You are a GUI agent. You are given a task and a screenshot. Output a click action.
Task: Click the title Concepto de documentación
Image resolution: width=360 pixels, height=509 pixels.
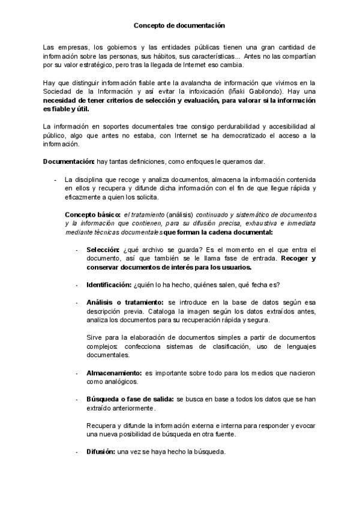pos(179,26)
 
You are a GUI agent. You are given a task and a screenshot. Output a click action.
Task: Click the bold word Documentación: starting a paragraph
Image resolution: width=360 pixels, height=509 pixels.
pos(69,162)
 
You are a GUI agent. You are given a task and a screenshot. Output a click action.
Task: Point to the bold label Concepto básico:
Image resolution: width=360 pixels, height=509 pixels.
pos(92,214)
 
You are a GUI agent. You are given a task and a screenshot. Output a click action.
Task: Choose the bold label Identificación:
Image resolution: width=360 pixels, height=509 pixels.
pos(109,285)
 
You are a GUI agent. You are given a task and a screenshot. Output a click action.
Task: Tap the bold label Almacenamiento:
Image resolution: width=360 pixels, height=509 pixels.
pos(114,373)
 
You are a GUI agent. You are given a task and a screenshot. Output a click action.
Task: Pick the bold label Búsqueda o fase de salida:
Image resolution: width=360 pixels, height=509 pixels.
pos(130,399)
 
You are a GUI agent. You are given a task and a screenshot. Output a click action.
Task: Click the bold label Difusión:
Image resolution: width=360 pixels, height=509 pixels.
pos(101,452)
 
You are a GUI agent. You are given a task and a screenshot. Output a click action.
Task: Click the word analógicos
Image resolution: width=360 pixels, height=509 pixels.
pos(122,382)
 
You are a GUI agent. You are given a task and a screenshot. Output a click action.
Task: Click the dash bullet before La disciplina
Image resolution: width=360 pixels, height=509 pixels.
pos(55,179)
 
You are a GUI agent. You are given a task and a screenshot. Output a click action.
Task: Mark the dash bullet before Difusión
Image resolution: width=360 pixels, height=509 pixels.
pos(77,452)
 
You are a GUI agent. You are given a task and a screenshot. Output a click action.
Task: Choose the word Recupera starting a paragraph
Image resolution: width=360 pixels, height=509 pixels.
pos(101,426)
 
